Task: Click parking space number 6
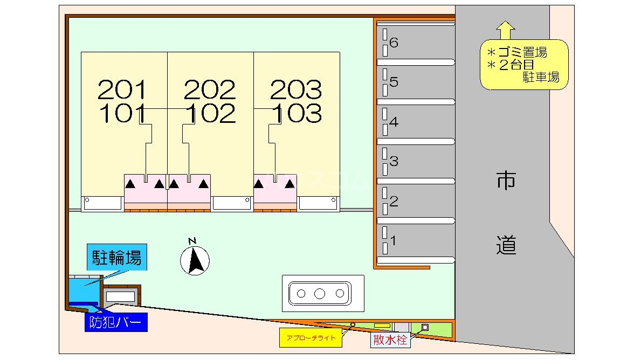click(394, 43)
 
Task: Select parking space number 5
click(394, 82)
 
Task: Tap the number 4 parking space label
click(394, 122)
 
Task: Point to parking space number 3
click(394, 161)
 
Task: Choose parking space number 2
click(394, 202)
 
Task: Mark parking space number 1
click(394, 241)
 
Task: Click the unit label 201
click(122, 89)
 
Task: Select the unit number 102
click(210, 113)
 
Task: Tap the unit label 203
click(296, 89)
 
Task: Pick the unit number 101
click(122, 113)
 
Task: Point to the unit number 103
click(296, 113)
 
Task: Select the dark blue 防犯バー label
click(116, 322)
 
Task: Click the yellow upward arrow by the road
click(505, 30)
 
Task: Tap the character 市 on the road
click(506, 181)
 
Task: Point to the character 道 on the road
click(506, 245)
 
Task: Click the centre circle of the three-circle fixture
click(320, 294)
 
